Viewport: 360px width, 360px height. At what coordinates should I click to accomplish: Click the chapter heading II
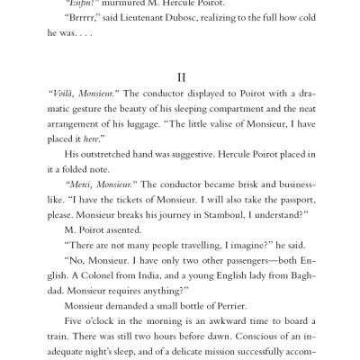180,78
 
